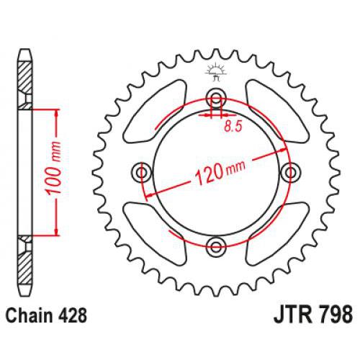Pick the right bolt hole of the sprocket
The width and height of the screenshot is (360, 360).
tap(291, 172)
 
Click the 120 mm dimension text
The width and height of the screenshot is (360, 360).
tap(217, 171)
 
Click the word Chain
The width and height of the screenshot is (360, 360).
tap(30, 315)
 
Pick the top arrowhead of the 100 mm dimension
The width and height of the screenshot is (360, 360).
tap(54, 112)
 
